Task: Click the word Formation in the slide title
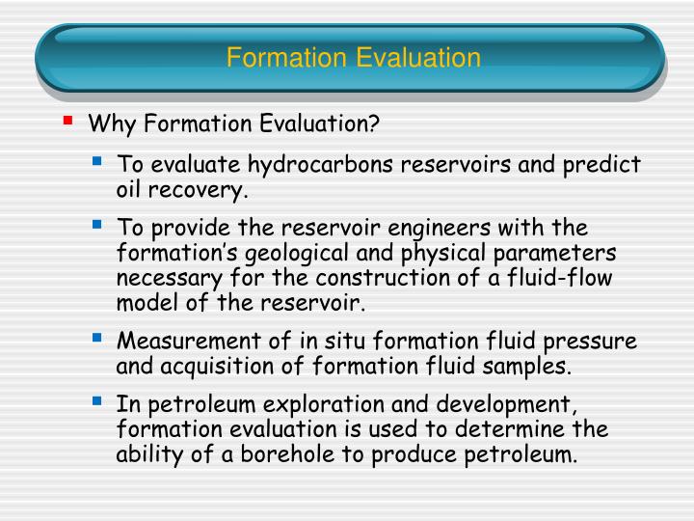pyautogui.click(x=287, y=58)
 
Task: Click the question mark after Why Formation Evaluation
pyautogui.click(x=375, y=123)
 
